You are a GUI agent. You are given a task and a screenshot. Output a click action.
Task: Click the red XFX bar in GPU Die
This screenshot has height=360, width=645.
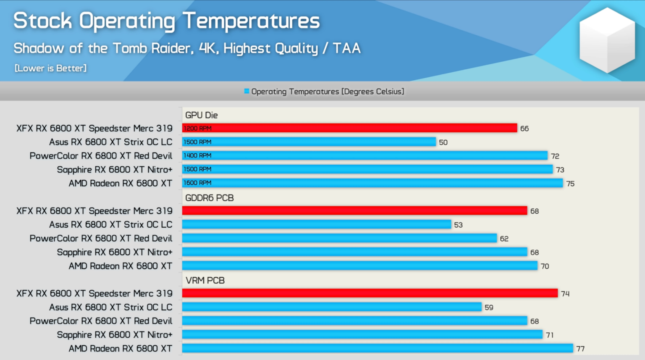[349, 128]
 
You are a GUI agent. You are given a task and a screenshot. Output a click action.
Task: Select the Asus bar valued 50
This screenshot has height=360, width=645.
[309, 142]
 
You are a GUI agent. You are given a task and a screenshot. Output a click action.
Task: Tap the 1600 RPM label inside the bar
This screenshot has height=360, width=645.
[197, 183]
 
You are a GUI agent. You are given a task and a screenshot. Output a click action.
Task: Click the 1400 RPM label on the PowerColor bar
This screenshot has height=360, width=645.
[197, 155]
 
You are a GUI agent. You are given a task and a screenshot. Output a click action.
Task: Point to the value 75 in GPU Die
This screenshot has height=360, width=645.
[570, 184]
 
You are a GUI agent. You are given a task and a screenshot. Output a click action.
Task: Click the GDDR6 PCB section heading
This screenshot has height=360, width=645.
[209, 198]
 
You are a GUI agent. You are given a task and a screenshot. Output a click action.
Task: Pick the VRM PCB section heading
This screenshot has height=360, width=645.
[205, 280]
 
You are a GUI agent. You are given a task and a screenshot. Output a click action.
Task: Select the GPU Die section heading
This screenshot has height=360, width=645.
[202, 115]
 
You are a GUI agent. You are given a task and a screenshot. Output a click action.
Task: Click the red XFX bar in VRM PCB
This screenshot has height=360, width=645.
[370, 293]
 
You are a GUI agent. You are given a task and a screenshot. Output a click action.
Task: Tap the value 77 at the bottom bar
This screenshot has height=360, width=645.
[580, 349]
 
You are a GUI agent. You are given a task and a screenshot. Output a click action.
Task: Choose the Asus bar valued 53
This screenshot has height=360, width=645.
[317, 224]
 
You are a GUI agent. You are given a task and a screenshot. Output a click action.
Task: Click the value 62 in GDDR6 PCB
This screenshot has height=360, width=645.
[504, 239]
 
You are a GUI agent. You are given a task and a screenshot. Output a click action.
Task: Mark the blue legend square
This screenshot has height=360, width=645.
[247, 91]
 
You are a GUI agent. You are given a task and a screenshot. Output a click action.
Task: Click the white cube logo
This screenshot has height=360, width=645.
[607, 40]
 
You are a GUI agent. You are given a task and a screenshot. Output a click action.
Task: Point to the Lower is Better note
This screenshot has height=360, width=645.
[50, 68]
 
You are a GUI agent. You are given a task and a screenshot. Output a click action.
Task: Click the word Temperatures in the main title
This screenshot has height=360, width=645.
[251, 21]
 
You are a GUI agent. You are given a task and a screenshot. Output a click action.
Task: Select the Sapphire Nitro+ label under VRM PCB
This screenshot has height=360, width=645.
[115, 335]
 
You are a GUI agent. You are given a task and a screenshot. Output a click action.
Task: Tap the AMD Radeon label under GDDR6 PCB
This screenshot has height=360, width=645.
[121, 266]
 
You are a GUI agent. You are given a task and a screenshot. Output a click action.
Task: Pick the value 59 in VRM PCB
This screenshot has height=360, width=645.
[489, 307]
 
